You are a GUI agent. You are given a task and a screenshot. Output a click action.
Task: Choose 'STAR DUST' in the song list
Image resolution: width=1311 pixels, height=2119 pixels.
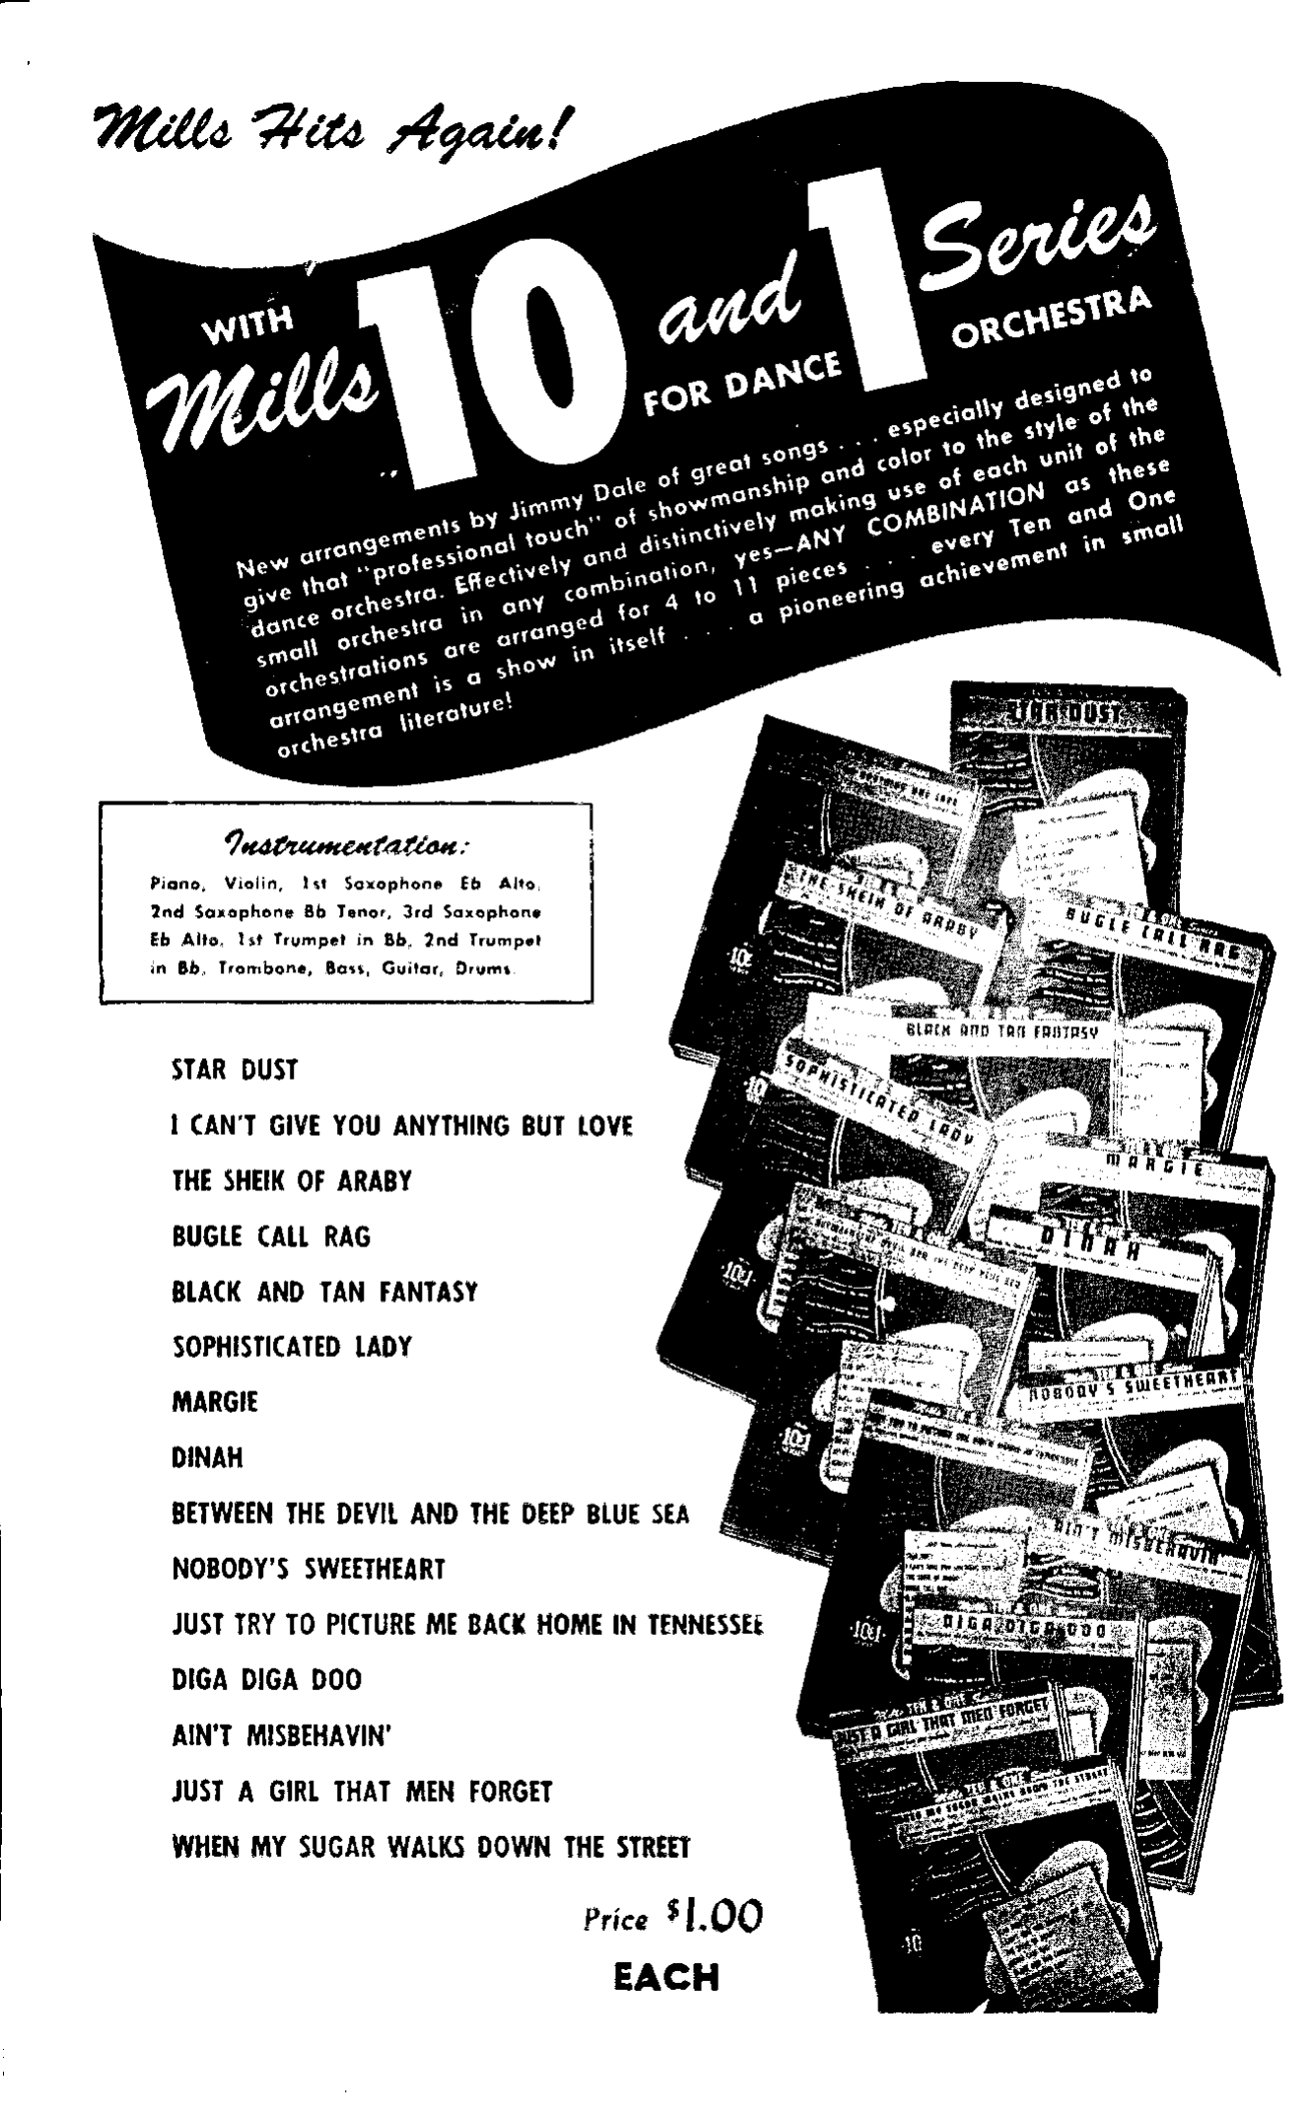[x=235, y=1070]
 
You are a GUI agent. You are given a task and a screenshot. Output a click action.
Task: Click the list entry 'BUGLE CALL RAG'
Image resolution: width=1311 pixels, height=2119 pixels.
[x=271, y=1236]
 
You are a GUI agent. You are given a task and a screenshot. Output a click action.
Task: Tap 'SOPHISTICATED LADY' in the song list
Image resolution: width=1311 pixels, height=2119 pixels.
[x=291, y=1347]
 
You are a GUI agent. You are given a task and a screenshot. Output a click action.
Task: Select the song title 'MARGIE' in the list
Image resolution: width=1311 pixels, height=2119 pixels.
[x=215, y=1402]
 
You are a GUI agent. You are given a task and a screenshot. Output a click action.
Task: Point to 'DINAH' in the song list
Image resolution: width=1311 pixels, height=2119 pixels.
[x=207, y=1457]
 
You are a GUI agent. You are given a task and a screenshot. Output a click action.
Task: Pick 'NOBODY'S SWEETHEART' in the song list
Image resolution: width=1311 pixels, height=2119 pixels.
[x=309, y=1569]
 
